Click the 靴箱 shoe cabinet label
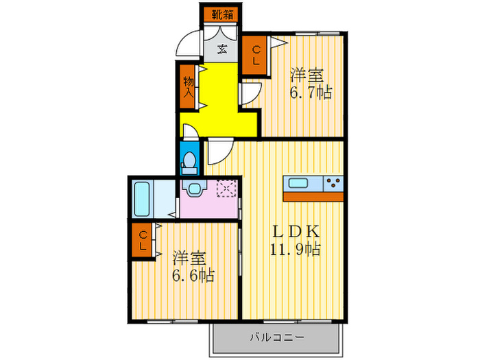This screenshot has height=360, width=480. click(221, 13)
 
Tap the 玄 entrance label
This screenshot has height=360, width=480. click(223, 48)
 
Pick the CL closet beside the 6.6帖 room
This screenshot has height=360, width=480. click(143, 241)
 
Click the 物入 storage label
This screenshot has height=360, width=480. click(188, 86)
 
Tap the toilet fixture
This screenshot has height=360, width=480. click(189, 159)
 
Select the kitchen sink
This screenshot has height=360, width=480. click(300, 183)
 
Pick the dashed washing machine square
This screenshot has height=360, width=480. click(226, 189)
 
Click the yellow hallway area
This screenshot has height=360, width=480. click(218, 96)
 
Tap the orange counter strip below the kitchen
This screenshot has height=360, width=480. click(313, 196)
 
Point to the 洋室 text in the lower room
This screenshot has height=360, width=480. click(188, 259)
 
